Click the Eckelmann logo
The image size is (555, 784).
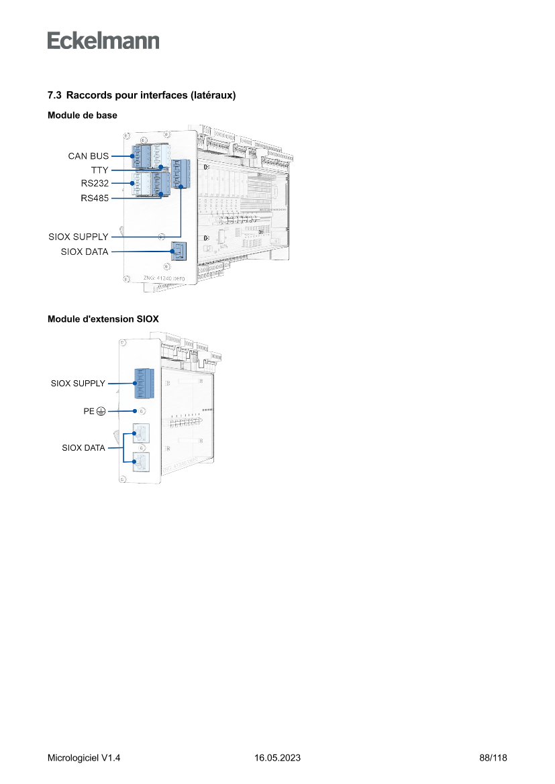(103, 40)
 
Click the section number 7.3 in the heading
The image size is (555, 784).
(55, 96)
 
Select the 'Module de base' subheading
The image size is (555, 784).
(83, 115)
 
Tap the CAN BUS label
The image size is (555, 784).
(88, 156)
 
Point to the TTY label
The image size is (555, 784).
(100, 170)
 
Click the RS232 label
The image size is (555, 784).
(95, 183)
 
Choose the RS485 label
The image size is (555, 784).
(95, 199)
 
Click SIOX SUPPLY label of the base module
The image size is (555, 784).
(78, 237)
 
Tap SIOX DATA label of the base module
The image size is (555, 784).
(85, 252)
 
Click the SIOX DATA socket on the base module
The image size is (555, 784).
(179, 251)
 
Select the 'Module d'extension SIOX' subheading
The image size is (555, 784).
(103, 319)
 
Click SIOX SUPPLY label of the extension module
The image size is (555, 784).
(78, 384)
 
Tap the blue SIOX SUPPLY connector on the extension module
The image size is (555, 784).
(143, 384)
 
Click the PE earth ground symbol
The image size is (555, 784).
(100, 411)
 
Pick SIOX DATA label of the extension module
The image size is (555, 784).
(83, 448)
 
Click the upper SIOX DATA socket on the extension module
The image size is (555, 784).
(140, 434)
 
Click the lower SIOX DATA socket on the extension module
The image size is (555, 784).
(140, 462)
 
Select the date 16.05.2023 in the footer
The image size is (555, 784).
(277, 758)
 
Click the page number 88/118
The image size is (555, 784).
(493, 758)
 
